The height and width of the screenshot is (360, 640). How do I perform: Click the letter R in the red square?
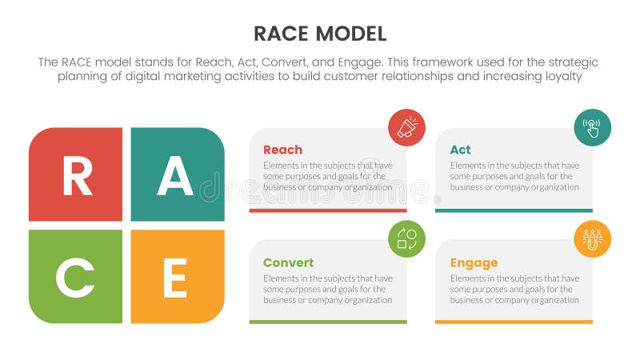point(77,177)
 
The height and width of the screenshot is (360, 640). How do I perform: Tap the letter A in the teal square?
point(175,177)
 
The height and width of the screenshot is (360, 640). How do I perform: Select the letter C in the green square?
point(75,279)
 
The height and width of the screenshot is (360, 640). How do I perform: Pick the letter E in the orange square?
point(174,279)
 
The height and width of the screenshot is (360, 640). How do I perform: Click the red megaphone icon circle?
point(406,127)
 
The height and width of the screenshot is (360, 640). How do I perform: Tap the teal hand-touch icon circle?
point(592,127)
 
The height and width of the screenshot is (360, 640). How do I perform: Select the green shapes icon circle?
point(406,238)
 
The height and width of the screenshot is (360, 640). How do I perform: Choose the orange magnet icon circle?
point(592,238)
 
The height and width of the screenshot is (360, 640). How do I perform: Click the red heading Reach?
point(282,150)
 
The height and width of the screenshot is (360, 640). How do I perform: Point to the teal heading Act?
point(460,150)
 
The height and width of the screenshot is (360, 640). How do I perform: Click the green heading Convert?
point(288,262)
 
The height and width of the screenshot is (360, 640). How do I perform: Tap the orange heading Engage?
point(474,262)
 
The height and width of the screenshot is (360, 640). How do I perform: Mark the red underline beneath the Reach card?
point(328,210)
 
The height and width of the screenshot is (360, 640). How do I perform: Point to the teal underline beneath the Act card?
point(514,210)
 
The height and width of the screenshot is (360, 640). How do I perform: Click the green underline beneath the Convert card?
point(328,322)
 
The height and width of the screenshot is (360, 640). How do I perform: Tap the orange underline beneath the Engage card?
point(514,322)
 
